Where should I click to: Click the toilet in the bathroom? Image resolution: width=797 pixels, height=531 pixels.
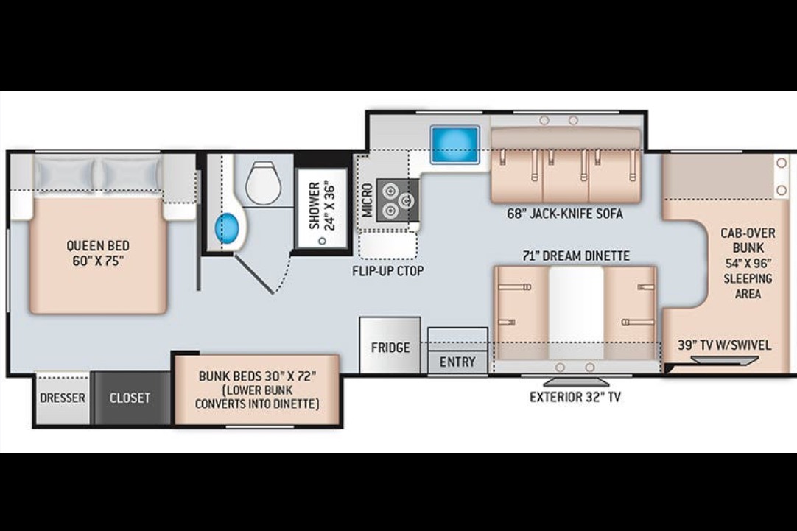263,181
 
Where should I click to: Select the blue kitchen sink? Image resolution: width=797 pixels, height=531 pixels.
454,144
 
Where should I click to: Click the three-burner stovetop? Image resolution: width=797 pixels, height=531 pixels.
398,200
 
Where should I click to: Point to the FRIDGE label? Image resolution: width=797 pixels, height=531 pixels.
390,348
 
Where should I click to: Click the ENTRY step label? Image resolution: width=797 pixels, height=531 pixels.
457,362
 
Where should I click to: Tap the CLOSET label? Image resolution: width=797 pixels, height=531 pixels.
130,398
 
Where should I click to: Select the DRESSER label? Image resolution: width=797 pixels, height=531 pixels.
63,398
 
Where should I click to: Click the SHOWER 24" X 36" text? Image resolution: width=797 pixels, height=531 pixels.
322,205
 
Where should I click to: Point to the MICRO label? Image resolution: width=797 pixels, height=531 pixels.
367,200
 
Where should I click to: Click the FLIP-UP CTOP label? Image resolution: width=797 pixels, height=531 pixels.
388,271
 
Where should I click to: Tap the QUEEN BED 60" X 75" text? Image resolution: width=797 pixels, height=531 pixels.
97,253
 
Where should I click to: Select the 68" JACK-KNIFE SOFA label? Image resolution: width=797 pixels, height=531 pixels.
565,214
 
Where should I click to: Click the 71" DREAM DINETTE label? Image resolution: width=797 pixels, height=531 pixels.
575,255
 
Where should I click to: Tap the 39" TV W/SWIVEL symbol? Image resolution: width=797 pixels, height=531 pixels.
725,360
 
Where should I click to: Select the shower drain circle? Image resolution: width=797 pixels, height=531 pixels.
322,240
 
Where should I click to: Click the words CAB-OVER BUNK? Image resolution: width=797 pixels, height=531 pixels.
748,240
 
